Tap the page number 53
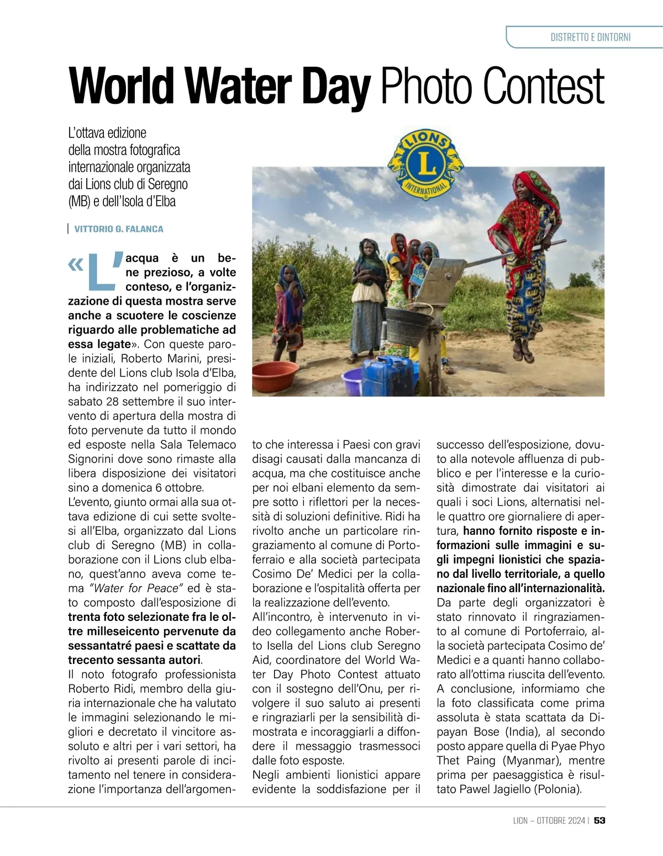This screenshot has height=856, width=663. click(599, 820)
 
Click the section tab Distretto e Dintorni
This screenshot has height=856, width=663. click(590, 38)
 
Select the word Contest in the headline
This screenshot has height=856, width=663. click(544, 87)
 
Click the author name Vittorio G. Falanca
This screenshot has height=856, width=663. click(119, 229)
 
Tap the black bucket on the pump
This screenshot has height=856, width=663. click(407, 326)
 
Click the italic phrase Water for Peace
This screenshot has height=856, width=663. click(136, 588)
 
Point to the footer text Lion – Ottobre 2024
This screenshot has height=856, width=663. click(548, 820)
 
